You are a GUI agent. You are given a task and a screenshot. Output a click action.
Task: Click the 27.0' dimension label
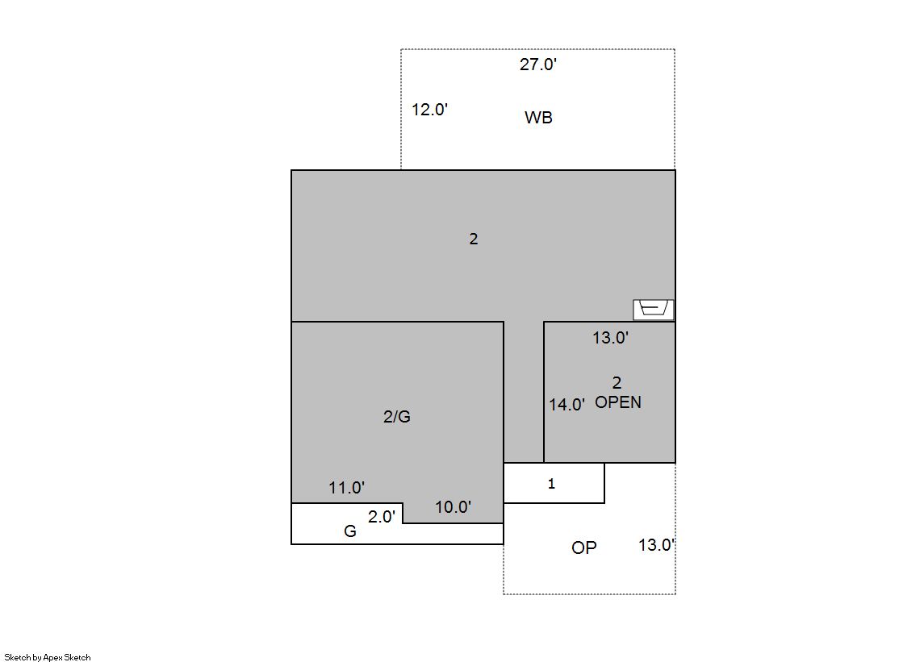(538, 64)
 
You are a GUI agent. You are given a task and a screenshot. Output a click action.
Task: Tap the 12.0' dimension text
(429, 110)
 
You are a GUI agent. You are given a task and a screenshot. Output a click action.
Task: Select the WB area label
(538, 118)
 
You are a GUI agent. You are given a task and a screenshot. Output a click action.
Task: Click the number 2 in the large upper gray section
(474, 239)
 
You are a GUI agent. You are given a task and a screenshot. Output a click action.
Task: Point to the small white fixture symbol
(654, 309)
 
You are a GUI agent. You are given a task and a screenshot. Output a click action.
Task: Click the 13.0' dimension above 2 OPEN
(610, 337)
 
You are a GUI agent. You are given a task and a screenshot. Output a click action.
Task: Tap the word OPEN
(618, 402)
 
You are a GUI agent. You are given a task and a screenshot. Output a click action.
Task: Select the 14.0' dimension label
(566, 405)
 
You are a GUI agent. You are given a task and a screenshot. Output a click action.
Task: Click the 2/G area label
(397, 417)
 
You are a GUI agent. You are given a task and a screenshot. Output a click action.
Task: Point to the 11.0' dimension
(347, 488)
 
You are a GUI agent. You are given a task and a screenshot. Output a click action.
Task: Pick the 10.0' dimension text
(454, 507)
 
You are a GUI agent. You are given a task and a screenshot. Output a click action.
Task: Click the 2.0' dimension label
(382, 517)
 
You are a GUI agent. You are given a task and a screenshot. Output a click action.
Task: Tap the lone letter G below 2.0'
(350, 531)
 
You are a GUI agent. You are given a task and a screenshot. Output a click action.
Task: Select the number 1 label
(551, 484)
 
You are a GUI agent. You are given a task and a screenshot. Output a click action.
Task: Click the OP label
(584, 548)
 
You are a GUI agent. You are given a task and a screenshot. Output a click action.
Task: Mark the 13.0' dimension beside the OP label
(657, 544)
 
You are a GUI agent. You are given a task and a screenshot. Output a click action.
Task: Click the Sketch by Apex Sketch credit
(48, 657)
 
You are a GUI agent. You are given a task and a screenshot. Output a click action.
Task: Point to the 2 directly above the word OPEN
(617, 383)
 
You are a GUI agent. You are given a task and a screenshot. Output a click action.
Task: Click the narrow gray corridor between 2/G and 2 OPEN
(524, 391)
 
